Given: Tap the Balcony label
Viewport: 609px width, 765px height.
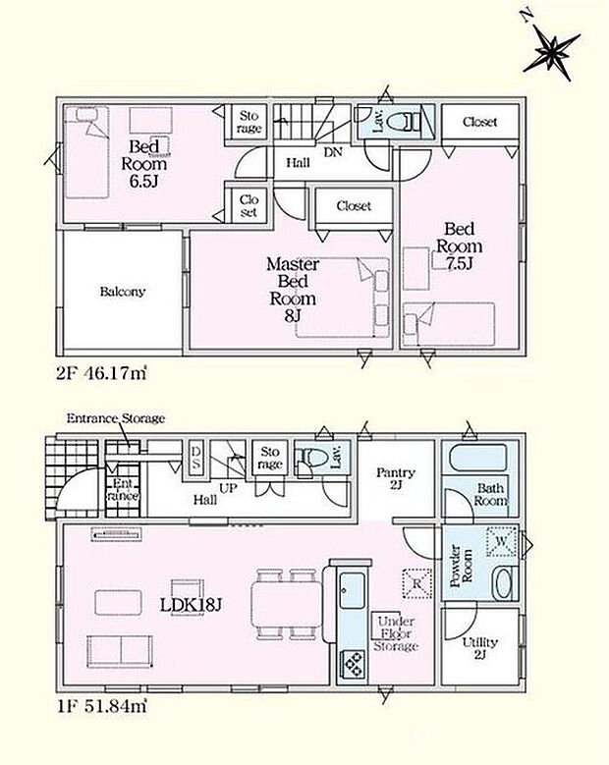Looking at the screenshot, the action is tap(123, 292).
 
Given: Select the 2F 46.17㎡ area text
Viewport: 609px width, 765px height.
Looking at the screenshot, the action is tap(101, 374).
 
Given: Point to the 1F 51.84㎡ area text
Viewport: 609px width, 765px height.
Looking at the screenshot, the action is tap(101, 706).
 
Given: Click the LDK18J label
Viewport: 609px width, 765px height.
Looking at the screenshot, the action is tap(192, 606).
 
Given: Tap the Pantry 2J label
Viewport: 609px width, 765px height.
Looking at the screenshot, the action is tap(396, 478).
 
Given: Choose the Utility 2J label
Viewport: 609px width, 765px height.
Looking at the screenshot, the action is tap(479, 648).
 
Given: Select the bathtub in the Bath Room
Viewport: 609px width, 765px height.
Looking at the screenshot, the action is tap(477, 458).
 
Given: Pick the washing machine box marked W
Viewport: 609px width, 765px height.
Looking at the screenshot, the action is tap(502, 541).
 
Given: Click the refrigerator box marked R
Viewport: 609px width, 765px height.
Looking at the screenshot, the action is tap(417, 583).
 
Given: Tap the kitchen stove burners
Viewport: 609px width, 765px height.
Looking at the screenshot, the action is tap(353, 663).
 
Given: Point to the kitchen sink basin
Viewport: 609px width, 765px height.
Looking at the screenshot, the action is tap(352, 591).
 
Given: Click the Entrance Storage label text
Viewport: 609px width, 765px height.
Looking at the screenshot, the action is tap(116, 418).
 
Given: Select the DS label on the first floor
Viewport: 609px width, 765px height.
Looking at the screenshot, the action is tap(195, 458).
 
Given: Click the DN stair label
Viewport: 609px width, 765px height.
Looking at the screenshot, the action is tap(333, 152).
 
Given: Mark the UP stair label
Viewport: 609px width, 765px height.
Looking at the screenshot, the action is tap(228, 488).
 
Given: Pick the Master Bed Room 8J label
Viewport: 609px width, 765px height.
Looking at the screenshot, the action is tap(293, 290).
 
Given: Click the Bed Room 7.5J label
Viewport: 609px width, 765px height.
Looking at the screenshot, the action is tap(459, 246).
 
